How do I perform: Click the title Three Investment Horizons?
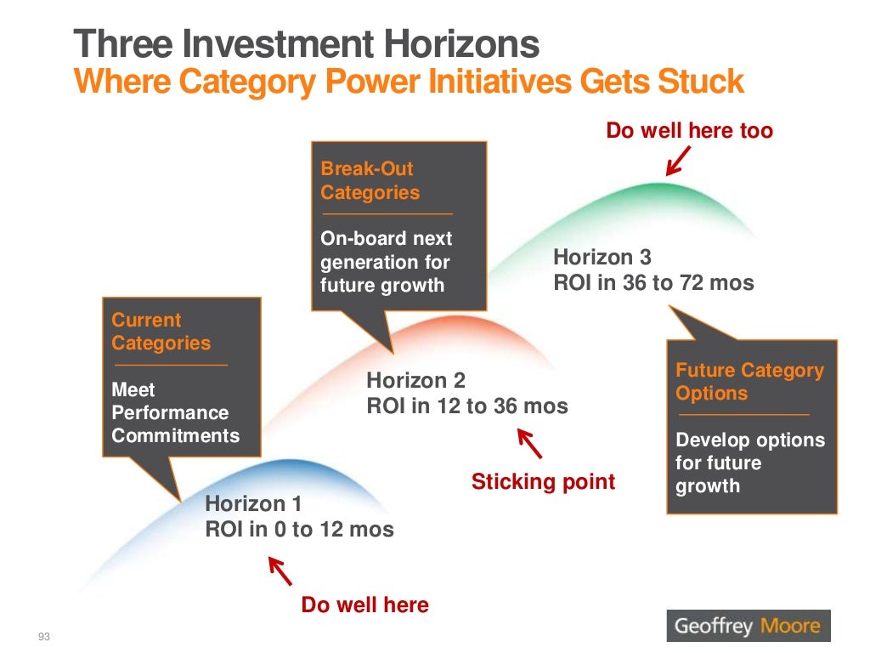pos(306,44)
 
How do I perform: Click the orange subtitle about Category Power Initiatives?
pos(409,82)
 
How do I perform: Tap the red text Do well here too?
pos(689,130)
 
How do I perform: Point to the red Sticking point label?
pos(543,482)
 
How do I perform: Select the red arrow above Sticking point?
pos(529,443)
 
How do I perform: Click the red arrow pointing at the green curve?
pos(678,161)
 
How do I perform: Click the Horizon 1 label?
pos(253,504)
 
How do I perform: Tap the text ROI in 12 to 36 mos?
pos(466,406)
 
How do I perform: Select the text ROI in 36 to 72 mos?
pos(653,282)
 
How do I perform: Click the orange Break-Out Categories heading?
pos(370,181)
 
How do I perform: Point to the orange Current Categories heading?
pos(161,332)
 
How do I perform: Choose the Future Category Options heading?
pos(749,382)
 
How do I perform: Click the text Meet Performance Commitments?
pos(175,413)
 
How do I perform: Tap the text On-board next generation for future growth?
pos(386,262)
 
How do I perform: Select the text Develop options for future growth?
pos(749,463)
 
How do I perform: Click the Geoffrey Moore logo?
pos(748,627)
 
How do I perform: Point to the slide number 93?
pos(45,637)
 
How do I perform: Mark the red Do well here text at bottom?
pos(364,605)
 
